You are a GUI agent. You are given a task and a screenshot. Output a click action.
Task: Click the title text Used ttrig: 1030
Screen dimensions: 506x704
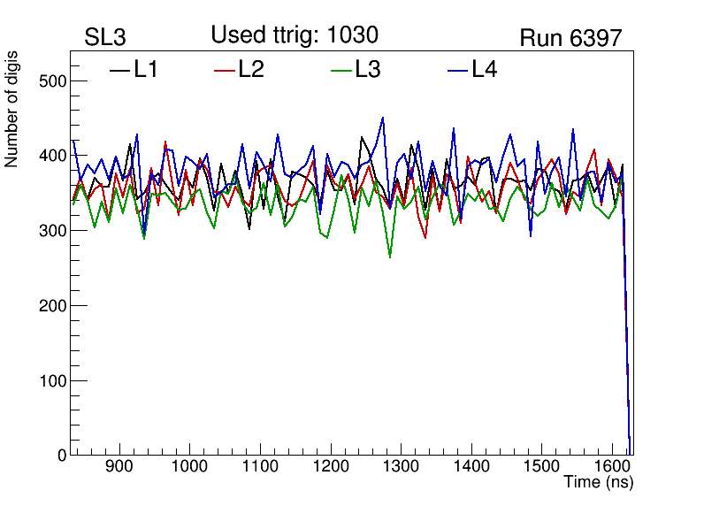[295, 34]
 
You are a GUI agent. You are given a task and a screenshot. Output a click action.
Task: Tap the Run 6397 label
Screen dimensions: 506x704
[570, 38]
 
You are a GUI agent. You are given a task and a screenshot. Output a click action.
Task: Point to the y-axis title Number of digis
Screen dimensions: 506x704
[12, 109]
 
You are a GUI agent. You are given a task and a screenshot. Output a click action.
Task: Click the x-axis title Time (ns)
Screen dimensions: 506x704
[599, 482]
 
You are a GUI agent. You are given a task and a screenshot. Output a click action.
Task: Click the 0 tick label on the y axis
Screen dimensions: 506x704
[60, 456]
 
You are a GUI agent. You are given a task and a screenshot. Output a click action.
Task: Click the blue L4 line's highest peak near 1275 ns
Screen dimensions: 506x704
[382, 117]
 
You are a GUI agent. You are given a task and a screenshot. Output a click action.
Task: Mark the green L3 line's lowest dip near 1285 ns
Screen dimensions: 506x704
[390, 257]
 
